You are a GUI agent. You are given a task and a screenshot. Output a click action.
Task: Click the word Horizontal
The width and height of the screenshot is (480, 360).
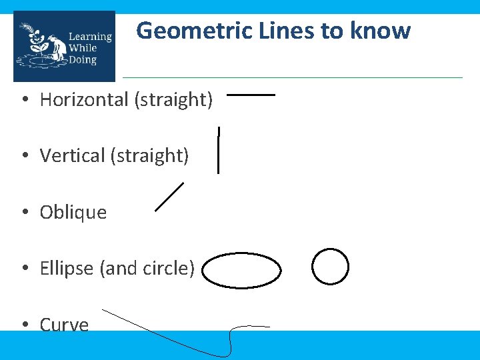(x=84, y=100)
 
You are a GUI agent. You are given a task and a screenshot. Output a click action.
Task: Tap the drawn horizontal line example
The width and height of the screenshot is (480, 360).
(x=251, y=95)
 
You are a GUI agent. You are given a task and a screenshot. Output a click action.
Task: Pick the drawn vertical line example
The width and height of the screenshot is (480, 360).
(x=218, y=151)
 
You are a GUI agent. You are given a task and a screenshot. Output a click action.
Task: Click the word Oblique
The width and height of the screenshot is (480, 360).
(x=73, y=213)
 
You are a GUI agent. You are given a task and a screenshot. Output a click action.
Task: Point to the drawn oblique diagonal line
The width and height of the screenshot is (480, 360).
(x=169, y=197)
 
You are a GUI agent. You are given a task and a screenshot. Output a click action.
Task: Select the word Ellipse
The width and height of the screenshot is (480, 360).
(x=67, y=269)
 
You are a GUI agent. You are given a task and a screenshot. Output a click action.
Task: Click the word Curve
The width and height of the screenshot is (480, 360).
(x=64, y=325)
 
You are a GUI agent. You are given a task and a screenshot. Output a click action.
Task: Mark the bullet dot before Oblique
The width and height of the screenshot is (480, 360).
(x=23, y=213)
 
